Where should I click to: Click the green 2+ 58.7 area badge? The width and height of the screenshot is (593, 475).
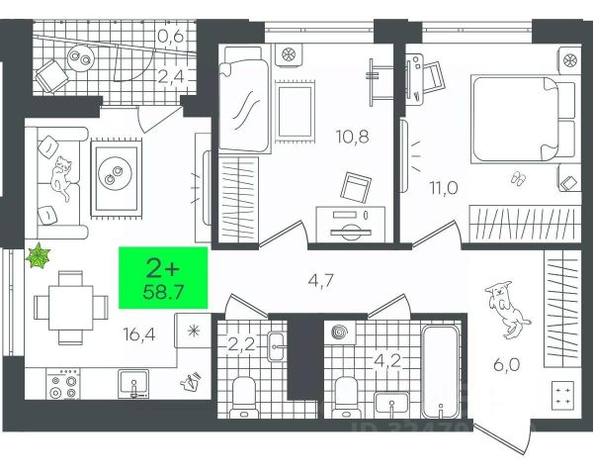click(164, 277)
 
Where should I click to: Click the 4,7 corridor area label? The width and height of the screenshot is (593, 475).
click(319, 280)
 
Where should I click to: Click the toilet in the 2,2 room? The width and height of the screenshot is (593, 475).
click(242, 396)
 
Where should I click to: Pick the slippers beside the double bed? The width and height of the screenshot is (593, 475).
click(517, 177)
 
